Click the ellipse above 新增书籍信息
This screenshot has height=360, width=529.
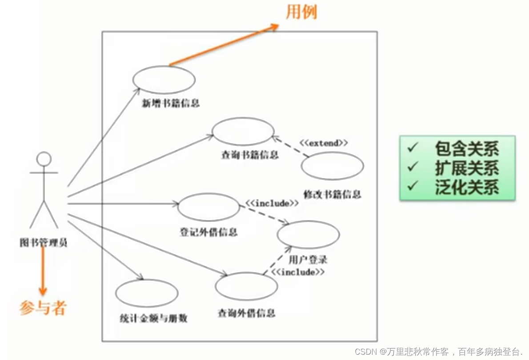tap(164, 80)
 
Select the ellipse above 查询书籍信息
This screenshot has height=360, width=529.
tap(243, 132)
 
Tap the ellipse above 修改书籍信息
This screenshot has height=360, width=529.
tap(332, 166)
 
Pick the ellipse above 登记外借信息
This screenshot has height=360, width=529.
tap(208, 207)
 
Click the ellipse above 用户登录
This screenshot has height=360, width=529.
tap(308, 235)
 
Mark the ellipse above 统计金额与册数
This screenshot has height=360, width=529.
tap(147, 293)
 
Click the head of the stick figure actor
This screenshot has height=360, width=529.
tap(44, 159)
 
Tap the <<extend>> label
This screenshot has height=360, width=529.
tap(323, 143)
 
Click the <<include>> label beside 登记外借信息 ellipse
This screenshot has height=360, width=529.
tap(272, 203)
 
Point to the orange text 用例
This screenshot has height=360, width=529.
tap(301, 12)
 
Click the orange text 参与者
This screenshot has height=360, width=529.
tap(43, 308)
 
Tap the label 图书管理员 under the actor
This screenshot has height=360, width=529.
tap(44, 243)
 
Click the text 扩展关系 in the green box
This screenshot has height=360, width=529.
tap(467, 168)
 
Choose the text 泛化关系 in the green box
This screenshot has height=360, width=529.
tap(467, 187)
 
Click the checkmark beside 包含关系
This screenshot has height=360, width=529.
tap(413, 148)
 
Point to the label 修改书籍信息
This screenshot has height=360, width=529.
tap(332, 194)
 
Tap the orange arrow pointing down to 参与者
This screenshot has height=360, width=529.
tap(43, 271)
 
